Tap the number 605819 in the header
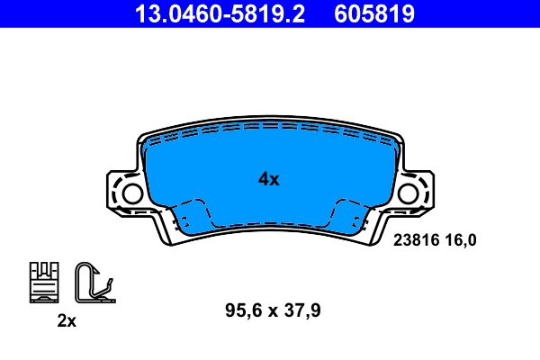coord(374,13)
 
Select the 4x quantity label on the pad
coord(269,179)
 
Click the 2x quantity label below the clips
coord(66,321)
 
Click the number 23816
coord(417,239)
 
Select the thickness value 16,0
coord(465,239)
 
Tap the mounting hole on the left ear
coord(131,193)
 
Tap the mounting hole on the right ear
coord(409,193)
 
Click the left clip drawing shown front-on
coord(43,282)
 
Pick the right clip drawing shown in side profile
coord(92,282)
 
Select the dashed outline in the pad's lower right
coord(351,217)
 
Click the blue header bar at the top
coord(270,13)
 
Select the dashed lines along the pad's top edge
coord(270,129)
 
